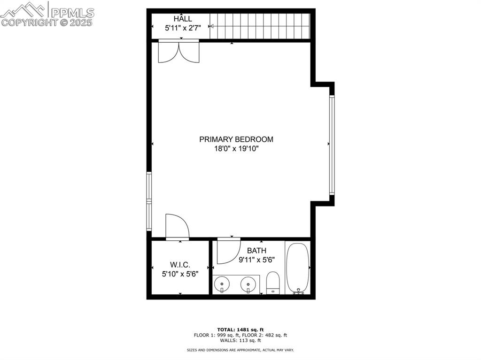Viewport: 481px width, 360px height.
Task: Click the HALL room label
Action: click(183, 19)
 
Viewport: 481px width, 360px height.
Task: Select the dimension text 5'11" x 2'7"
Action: click(183, 28)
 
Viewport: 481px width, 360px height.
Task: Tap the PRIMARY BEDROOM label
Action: click(236, 139)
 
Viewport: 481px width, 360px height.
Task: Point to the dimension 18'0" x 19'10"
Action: click(237, 149)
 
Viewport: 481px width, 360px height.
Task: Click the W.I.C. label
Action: click(180, 264)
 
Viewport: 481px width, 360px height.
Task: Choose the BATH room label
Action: click(256, 251)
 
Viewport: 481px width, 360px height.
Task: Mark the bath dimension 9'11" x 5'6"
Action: click(257, 260)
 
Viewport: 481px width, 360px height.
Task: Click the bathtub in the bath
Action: click(297, 268)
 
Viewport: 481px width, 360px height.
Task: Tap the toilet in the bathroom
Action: click(273, 283)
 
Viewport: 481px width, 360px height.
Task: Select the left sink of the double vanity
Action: click(222, 284)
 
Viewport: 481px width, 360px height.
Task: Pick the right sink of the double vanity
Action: click(248, 284)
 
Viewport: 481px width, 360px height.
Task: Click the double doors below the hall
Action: click(179, 52)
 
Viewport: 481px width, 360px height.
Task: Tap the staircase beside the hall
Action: click(260, 26)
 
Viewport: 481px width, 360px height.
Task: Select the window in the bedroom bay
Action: click(332, 145)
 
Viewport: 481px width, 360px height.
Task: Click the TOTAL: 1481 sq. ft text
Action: click(240, 329)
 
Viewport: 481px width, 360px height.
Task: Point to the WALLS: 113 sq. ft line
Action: click(240, 340)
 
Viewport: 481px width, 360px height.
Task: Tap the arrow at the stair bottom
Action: click(211, 26)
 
